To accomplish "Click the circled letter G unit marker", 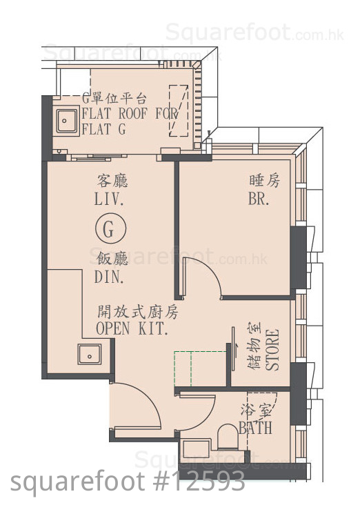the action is [x=110, y=229].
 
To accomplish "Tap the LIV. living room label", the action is [x=109, y=199].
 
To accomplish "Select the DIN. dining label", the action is [x=109, y=277].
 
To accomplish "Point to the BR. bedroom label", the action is [x=259, y=199].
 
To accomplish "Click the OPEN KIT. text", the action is [x=132, y=328].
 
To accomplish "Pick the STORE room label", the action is [x=272, y=350].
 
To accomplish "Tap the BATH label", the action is [x=255, y=428].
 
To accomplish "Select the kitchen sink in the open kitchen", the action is [x=90, y=354].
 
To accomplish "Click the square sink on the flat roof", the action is [x=67, y=121].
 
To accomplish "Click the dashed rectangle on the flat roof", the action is [x=179, y=111].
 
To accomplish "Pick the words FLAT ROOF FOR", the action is [x=130, y=113].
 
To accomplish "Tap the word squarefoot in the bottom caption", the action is [x=77, y=482].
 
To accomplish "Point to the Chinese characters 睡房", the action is [x=265, y=181].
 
